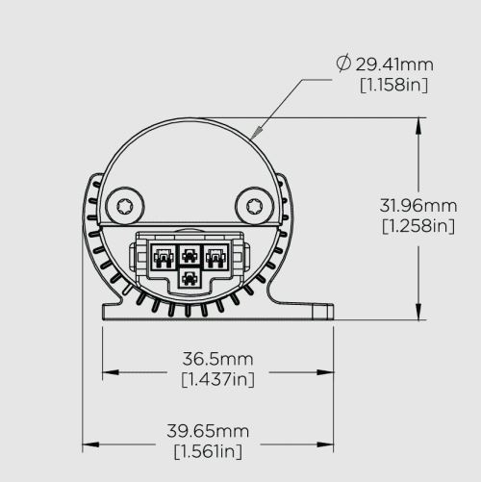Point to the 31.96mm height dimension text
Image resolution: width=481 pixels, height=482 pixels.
tap(418, 205)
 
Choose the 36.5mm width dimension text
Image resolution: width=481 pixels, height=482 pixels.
tap(217, 359)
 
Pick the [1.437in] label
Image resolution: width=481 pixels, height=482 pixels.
tap(217, 379)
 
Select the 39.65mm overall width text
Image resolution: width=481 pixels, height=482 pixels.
tap(208, 430)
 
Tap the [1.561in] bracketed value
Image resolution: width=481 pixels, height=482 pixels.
tap(208, 450)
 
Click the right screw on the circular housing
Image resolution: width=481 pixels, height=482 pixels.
tap(256, 205)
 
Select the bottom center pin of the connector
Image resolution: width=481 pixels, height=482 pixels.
tap(190, 278)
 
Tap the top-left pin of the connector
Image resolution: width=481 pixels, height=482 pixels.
tap(165, 256)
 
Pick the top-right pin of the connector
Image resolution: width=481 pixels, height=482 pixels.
tap(215, 256)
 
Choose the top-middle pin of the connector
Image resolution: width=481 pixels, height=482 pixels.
tap(190, 256)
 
